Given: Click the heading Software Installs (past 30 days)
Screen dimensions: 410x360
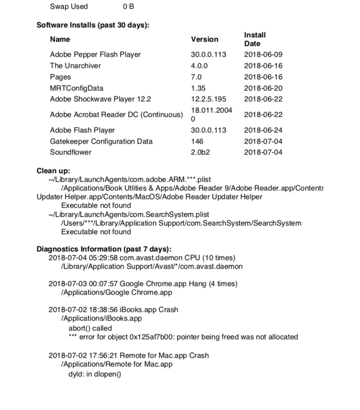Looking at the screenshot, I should pos(93,25).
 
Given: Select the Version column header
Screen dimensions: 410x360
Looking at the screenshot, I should pos(205,39).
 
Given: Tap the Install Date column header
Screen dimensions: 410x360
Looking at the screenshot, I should pos(255,39).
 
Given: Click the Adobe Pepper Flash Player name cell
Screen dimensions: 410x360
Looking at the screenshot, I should pos(95,54).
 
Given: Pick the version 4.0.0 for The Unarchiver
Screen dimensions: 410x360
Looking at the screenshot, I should pos(199,66).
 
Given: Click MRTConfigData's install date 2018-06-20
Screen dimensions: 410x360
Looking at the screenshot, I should pos(263,88).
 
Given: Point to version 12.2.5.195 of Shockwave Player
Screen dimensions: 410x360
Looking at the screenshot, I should pos(208,99).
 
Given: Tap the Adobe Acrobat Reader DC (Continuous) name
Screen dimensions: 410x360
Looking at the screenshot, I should pos(116,115).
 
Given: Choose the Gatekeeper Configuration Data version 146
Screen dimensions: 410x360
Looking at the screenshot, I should pos(197,141).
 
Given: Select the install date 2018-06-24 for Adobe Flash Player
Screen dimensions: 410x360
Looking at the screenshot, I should pos(263,130).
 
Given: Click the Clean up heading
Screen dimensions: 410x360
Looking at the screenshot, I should pos(53,171).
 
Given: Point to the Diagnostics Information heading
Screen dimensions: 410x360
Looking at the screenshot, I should pos(104,249).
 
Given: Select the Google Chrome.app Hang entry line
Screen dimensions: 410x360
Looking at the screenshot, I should pos(143,284).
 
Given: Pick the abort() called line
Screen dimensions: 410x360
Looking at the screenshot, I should pos(90,328).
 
